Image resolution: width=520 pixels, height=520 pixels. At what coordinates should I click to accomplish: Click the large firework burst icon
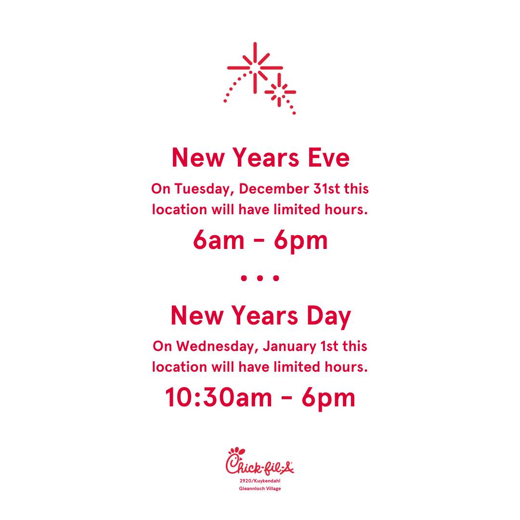pos(255,68)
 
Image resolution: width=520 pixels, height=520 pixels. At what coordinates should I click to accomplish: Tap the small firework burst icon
pos(280,92)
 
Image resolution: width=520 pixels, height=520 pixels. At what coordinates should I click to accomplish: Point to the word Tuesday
pos(202,189)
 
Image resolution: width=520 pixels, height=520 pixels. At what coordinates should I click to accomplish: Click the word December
pos(273,189)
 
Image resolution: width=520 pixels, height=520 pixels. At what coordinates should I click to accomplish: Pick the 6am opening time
pos(219,240)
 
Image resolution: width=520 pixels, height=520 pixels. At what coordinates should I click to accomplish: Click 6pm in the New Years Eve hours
pos(300,241)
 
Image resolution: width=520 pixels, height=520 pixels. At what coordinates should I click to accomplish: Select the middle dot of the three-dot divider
pos(260,278)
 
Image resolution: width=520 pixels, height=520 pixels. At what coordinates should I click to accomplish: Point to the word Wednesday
pos(217,347)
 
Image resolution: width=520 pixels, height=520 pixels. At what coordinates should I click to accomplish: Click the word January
pos(289,347)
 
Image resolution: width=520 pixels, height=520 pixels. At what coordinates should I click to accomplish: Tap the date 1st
pos(329,347)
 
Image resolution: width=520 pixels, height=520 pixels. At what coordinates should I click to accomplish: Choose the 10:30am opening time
pos(218,397)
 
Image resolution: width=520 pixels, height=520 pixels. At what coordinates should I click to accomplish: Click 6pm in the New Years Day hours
pos(328,398)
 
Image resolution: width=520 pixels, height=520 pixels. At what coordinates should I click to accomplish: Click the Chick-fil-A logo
pos(260,461)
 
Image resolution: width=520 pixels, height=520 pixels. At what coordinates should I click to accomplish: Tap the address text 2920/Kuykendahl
pos(260,481)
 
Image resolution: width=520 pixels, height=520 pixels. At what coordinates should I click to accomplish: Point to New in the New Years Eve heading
pos(198,158)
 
